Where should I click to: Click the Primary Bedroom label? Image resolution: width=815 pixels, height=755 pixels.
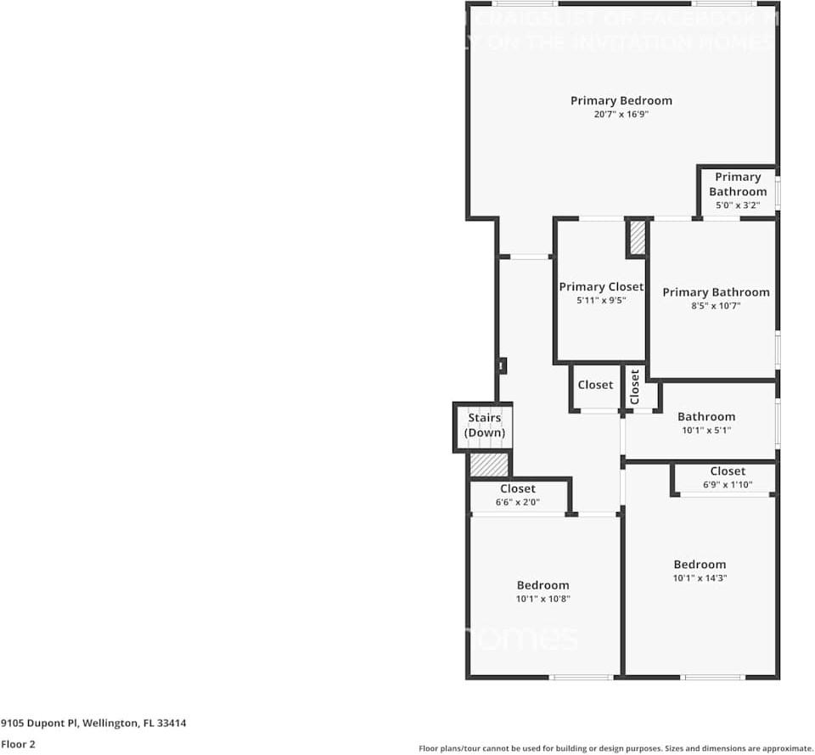(x=621, y=100)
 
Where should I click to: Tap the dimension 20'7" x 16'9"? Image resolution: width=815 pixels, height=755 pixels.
(x=621, y=114)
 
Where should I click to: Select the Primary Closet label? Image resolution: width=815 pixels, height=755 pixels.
(x=600, y=287)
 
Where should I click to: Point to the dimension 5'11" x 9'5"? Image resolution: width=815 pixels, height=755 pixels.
(x=600, y=301)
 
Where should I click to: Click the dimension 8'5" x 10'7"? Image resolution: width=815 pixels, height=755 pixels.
(x=716, y=306)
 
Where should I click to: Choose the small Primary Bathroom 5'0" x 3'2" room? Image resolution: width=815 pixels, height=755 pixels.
(x=737, y=190)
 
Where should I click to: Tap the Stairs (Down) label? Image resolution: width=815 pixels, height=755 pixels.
(x=485, y=425)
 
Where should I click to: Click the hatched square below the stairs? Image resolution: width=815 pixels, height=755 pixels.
(x=488, y=465)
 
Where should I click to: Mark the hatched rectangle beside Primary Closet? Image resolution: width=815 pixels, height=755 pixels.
(x=637, y=238)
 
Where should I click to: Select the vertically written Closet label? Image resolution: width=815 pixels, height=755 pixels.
(x=635, y=387)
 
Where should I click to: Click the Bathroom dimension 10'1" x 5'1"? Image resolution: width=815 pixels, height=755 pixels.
(x=705, y=431)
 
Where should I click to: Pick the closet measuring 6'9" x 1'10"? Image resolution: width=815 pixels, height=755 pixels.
(x=727, y=477)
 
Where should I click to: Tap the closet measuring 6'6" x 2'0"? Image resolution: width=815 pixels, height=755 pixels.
(x=518, y=495)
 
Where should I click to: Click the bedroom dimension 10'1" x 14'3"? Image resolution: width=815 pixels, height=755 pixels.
(x=700, y=578)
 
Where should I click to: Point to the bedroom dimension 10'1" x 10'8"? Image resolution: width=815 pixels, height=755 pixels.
(x=542, y=599)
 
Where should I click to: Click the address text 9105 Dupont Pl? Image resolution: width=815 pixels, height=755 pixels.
(x=40, y=724)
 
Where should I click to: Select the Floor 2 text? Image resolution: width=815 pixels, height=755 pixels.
(x=18, y=744)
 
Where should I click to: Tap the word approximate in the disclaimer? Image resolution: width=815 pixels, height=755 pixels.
(x=785, y=748)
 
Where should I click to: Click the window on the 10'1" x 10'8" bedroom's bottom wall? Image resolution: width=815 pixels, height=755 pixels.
(x=582, y=677)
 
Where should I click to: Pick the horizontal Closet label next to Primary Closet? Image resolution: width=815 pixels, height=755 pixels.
(x=595, y=385)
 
